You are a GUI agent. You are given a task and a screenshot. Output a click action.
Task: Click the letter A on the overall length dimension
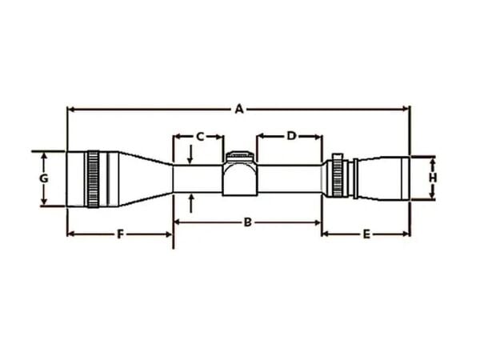(x=238, y=109)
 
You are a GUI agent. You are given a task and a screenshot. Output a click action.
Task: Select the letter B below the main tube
(x=247, y=222)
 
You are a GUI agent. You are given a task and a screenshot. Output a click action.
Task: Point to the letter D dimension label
(x=291, y=137)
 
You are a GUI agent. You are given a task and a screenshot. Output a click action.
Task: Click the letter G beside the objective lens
(x=45, y=178)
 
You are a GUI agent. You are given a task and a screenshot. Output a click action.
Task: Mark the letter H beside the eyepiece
(x=432, y=178)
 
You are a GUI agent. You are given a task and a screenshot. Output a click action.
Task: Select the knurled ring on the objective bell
(x=93, y=178)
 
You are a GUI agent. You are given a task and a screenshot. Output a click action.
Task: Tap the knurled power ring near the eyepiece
(x=338, y=178)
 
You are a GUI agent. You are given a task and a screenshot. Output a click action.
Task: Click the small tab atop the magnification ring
(x=338, y=156)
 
